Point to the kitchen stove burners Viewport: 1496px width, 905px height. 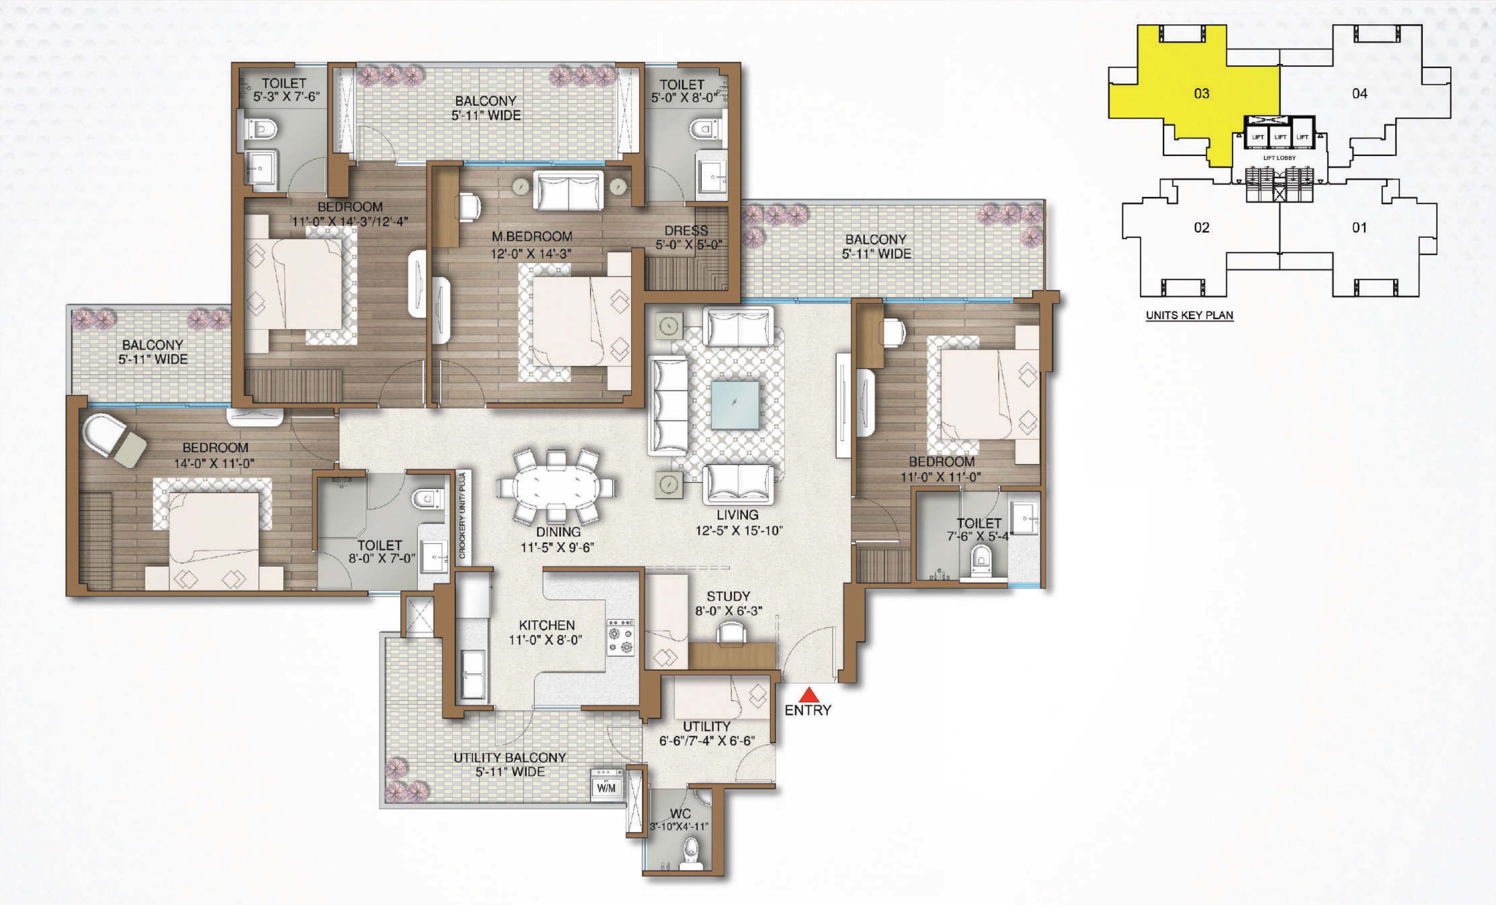point(620,638)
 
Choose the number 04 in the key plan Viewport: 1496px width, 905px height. point(1359,94)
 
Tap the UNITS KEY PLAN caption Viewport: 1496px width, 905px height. point(1189,315)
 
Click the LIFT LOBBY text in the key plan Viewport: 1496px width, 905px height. point(1279,158)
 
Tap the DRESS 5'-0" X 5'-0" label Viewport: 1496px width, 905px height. point(688,238)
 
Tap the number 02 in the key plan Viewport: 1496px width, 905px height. point(1201,228)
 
